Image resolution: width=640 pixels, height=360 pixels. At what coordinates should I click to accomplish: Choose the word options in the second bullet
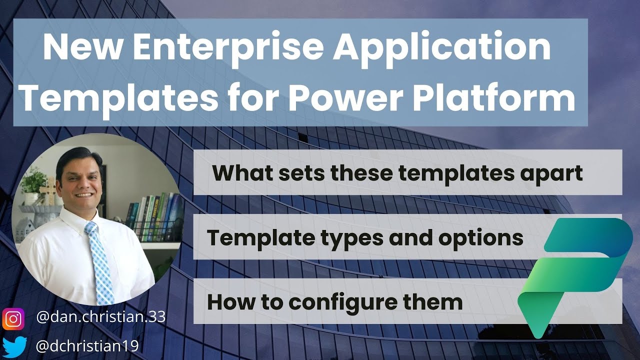[x=481, y=238]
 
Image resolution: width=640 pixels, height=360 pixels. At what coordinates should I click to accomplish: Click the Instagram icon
[x=13, y=319]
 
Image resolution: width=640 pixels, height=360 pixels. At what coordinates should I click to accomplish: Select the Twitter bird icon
[x=13, y=345]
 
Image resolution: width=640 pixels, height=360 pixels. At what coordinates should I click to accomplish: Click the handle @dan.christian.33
[x=101, y=317]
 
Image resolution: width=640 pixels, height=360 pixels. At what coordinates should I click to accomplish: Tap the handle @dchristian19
[x=87, y=345]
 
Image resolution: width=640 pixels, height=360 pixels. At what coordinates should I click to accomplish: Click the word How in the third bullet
[x=229, y=302]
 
